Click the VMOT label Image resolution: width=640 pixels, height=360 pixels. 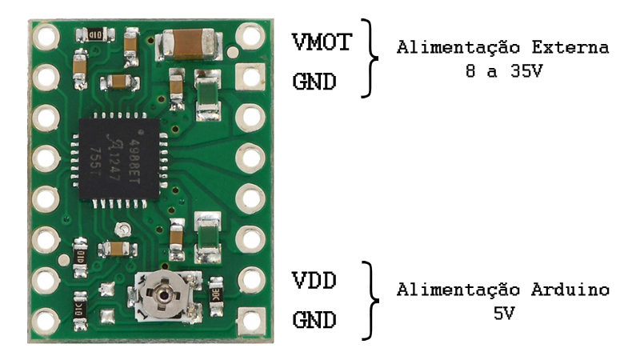click(x=322, y=42)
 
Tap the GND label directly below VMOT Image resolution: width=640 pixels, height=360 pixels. click(x=314, y=82)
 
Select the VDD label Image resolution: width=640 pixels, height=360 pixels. click(x=314, y=282)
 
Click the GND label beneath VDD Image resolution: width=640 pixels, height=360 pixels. click(x=314, y=322)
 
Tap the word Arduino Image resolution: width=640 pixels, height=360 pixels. click(x=571, y=289)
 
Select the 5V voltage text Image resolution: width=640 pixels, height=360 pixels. click(x=503, y=312)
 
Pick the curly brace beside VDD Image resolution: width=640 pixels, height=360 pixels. click(x=370, y=300)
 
